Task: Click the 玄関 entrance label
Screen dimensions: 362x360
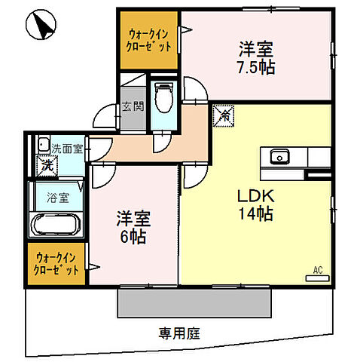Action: (132, 106)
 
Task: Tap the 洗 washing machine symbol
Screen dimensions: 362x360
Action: (45, 164)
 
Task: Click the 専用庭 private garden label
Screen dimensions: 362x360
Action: (179, 331)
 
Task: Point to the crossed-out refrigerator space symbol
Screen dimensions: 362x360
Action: (224, 115)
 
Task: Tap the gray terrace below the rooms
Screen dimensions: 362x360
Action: (194, 302)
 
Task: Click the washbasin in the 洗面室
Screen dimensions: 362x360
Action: (42, 146)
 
